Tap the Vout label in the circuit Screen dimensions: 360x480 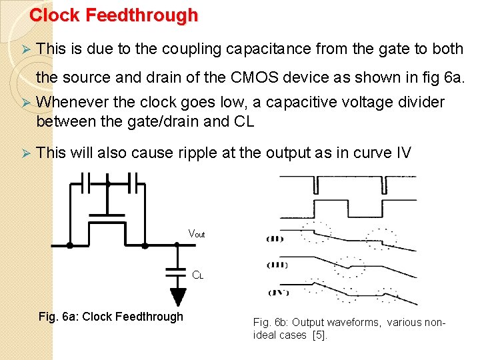pos(197,234)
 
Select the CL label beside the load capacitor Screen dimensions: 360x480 pos(198,274)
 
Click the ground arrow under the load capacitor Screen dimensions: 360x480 pos(177,296)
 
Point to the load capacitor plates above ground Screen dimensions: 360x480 pos(177,273)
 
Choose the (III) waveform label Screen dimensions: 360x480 pos(277,265)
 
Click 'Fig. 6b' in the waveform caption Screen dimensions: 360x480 pos(270,323)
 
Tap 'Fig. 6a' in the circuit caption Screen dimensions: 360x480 pos(55,317)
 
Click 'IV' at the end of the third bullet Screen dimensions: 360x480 pos(403,153)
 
